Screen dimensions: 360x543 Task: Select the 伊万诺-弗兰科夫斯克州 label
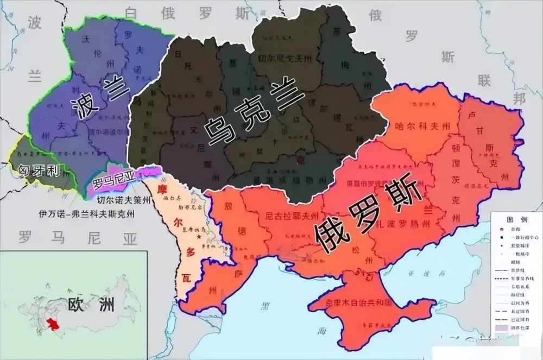(x=87, y=213)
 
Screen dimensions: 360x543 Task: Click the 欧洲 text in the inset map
(x=91, y=304)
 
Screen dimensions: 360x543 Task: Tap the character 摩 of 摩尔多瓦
(x=160, y=190)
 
